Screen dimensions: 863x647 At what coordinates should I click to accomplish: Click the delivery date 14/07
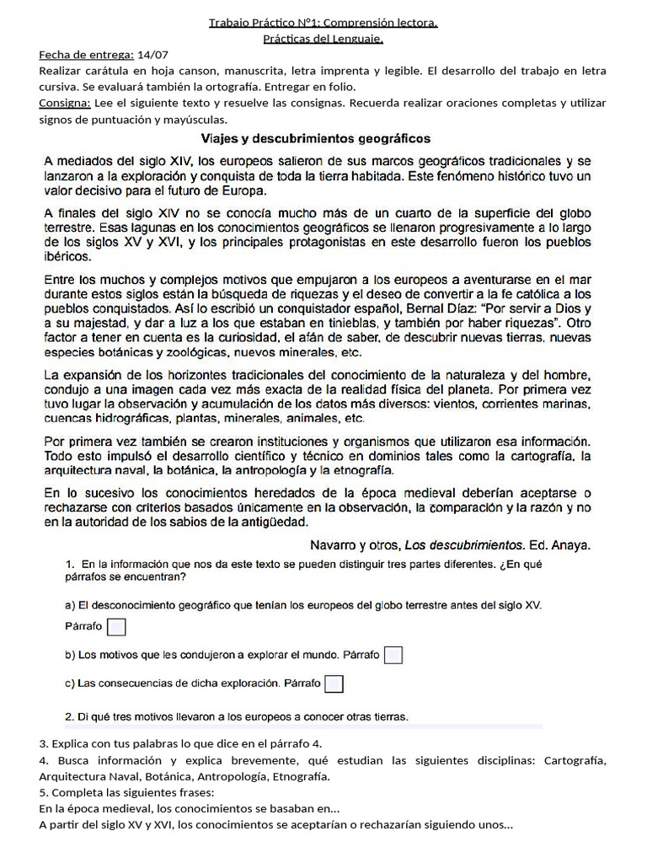tap(153, 55)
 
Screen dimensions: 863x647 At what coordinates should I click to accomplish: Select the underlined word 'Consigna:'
tap(65, 103)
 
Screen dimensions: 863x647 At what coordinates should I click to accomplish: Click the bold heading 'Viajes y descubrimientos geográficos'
tap(316, 137)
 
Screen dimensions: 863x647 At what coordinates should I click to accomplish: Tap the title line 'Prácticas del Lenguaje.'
tap(323, 39)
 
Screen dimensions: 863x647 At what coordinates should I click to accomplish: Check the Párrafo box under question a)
tap(118, 626)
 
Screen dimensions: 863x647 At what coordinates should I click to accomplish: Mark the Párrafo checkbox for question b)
tap(393, 655)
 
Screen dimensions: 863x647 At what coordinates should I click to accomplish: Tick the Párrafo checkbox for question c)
tap(334, 683)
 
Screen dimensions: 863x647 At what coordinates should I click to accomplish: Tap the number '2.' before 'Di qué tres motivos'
tap(70, 717)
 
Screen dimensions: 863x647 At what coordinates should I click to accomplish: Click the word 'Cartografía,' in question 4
tap(575, 760)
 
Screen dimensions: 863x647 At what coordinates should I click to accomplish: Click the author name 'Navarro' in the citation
tap(334, 544)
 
